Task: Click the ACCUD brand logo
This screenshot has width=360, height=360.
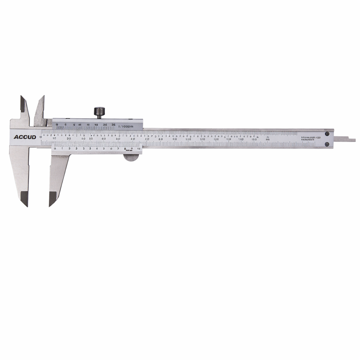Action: coord(25,137)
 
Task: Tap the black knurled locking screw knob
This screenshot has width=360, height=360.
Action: coord(99,111)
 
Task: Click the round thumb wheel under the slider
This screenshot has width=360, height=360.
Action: coord(131,157)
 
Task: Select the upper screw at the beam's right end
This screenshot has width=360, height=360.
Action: coord(327,134)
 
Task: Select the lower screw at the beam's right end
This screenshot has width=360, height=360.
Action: coord(327,144)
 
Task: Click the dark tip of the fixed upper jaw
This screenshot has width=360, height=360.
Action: coord(23,104)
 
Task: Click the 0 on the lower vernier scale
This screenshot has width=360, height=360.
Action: coord(55,149)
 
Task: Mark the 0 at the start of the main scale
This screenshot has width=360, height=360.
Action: coord(41,136)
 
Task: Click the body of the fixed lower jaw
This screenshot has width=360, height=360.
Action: coord(19,169)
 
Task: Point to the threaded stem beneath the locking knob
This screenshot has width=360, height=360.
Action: coord(99,117)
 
